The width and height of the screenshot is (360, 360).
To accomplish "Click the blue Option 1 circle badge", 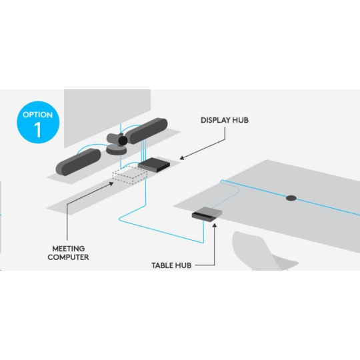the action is [x=38, y=123].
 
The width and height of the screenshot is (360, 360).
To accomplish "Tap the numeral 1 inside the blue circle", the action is [x=38, y=130].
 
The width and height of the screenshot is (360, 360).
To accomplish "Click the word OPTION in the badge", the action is [x=37, y=115].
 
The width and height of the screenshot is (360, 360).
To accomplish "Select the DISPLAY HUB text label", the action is [x=225, y=120].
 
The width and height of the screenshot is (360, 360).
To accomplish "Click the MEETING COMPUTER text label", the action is [x=68, y=253].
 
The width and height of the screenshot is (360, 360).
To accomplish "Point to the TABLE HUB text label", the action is [x=171, y=265].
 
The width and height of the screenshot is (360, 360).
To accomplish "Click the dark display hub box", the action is [x=154, y=165].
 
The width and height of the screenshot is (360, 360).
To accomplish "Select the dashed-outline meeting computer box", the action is [x=130, y=175].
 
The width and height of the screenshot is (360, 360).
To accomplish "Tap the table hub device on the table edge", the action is [x=207, y=214].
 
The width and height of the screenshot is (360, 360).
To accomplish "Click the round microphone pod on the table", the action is [x=291, y=198].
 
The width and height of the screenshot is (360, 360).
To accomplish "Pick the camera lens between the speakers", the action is [x=123, y=140].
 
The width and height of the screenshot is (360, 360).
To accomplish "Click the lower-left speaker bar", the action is [x=79, y=162].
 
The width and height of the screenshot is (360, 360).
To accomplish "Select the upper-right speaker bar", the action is [x=147, y=131].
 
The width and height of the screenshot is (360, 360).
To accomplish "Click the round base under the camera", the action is [x=117, y=149].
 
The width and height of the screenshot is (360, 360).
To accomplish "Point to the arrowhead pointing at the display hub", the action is [x=182, y=157].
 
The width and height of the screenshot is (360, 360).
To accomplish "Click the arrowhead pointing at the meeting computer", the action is [x=111, y=184].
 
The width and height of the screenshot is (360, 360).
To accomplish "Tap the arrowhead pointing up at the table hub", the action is [x=215, y=225].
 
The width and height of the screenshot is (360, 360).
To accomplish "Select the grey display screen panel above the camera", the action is [x=107, y=117].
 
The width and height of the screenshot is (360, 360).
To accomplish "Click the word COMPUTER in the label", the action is [x=68, y=257].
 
